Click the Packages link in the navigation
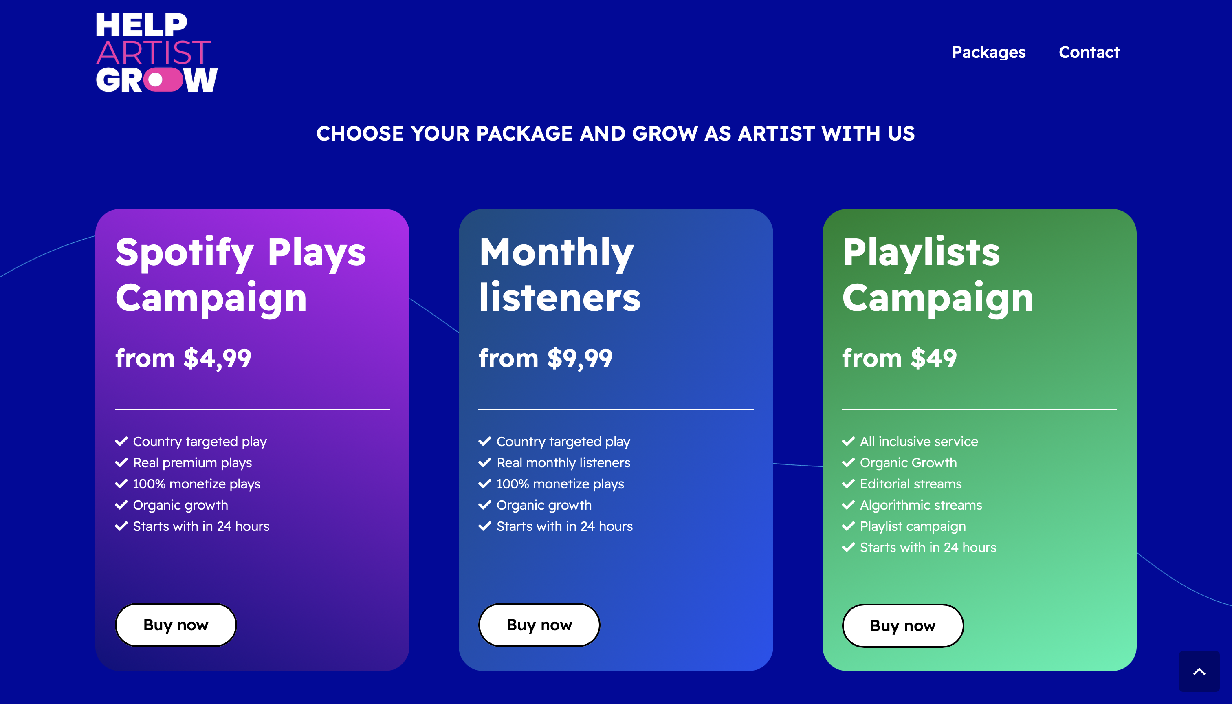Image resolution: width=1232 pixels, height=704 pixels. tap(988, 52)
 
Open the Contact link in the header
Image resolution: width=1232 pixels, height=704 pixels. tap(1089, 52)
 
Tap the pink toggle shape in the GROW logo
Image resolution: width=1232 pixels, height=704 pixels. tap(163, 80)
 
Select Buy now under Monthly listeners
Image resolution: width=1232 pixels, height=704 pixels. tap(539, 625)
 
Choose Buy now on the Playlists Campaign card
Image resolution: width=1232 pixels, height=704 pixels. tap(903, 626)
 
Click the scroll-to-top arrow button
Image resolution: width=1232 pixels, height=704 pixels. tap(1199, 671)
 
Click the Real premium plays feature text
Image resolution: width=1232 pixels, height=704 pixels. tap(192, 463)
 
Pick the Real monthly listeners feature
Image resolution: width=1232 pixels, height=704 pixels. tap(563, 463)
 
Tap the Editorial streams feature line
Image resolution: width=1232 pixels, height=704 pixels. tap(911, 484)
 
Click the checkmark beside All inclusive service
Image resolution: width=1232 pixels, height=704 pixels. tap(849, 442)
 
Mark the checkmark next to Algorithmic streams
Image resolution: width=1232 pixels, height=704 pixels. tap(849, 505)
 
